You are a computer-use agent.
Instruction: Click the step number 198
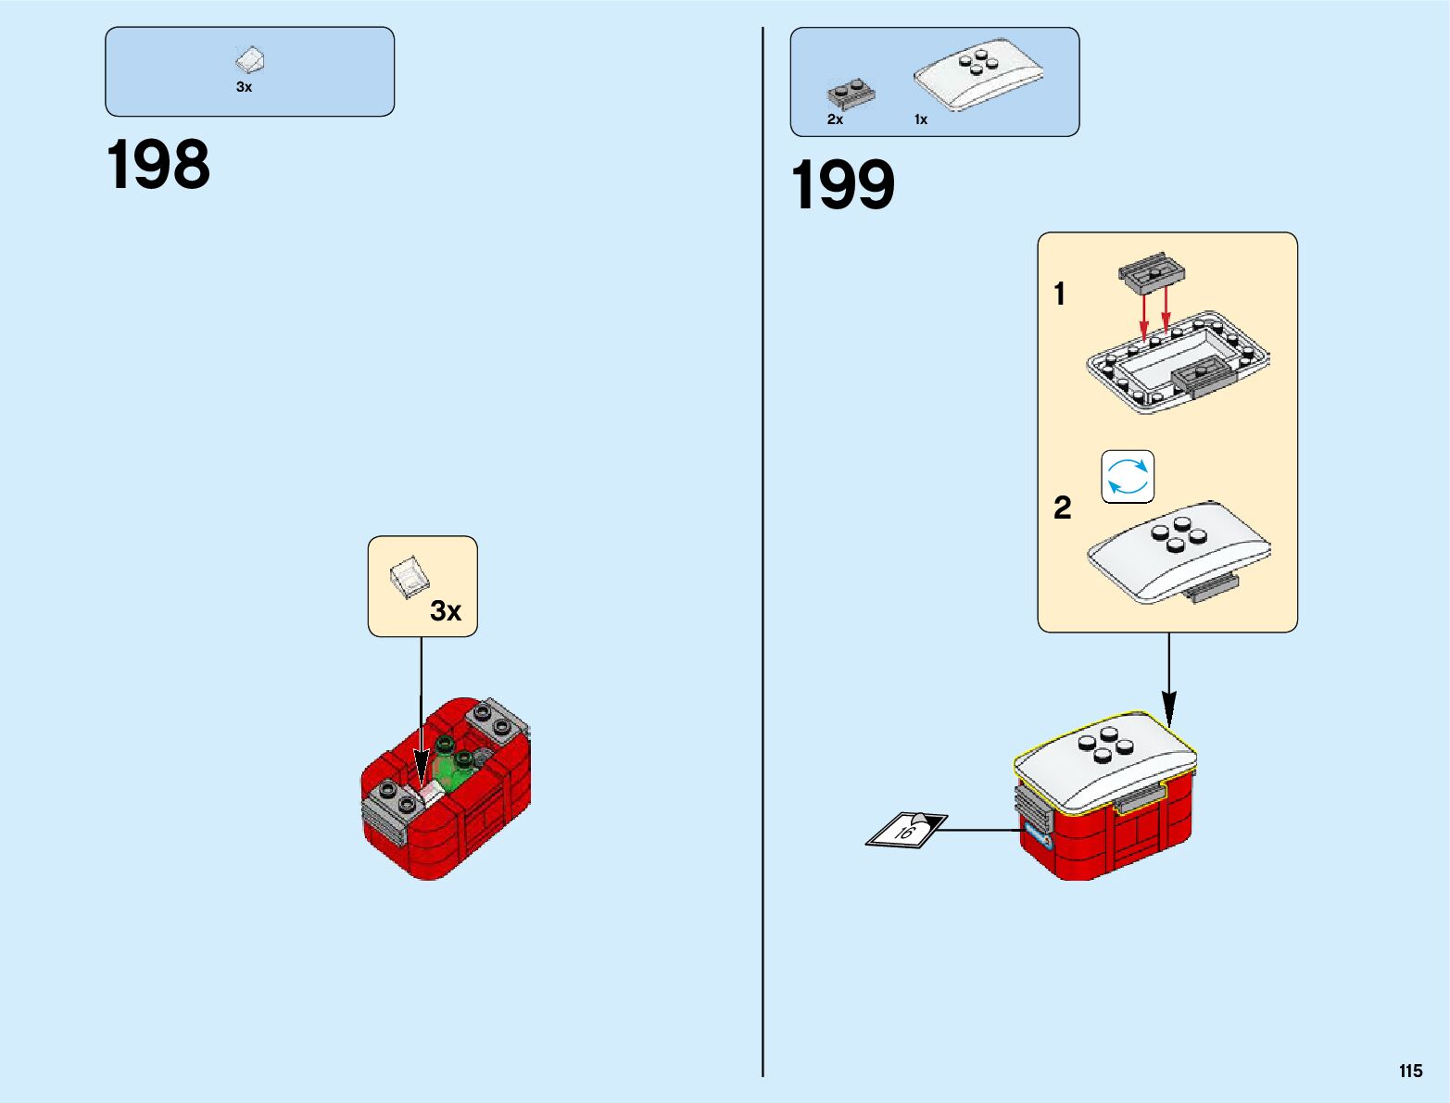[158, 166]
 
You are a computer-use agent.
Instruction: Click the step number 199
[842, 185]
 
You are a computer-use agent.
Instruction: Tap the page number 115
[1410, 1072]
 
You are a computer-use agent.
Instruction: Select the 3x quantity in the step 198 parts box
[244, 87]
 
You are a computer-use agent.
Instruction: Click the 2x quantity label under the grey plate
[835, 119]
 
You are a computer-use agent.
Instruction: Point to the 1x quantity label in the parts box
[920, 119]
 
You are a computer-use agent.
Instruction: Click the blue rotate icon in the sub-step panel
[1128, 477]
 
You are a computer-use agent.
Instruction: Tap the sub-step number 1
[1059, 295]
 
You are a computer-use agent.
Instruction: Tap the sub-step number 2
[1062, 508]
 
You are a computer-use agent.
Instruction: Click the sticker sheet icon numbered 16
[906, 830]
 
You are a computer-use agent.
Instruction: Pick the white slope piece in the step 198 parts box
[250, 61]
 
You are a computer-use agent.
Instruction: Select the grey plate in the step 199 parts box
[851, 94]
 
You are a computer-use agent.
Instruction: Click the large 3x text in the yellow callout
[446, 611]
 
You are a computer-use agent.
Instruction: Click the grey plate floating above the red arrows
[1153, 270]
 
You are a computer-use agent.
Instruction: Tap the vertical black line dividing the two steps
[763, 556]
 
